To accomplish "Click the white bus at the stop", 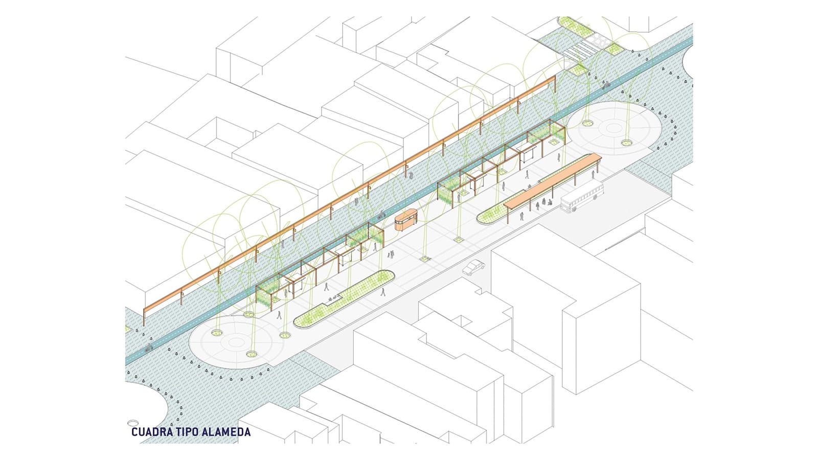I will pyautogui.click(x=582, y=197).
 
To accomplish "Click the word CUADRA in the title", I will pyautogui.click(x=150, y=432).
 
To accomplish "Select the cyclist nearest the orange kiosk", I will pyautogui.click(x=381, y=216).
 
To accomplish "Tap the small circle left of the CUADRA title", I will pyautogui.click(x=132, y=422).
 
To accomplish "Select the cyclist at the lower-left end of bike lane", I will pyautogui.click(x=148, y=349).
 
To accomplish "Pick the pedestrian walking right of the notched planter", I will pyautogui.click(x=382, y=293).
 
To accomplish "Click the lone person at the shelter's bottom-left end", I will pyautogui.click(x=520, y=217).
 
